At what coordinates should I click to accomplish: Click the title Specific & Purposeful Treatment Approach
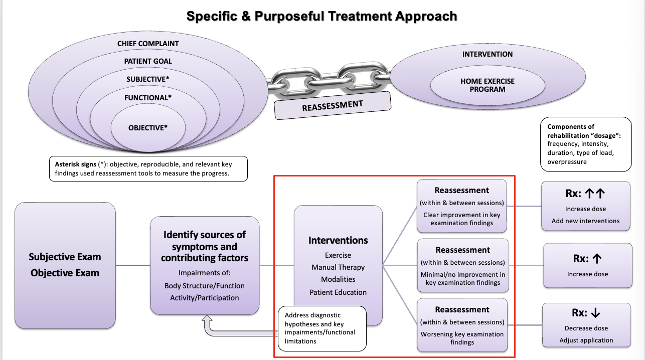(321, 16)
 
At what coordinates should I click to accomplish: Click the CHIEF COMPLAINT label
(148, 44)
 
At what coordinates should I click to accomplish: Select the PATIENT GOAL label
(148, 61)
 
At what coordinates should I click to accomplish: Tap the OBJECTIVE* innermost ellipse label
(148, 128)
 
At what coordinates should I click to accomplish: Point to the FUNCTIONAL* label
(148, 98)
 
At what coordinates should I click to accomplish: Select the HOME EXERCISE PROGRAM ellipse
(488, 85)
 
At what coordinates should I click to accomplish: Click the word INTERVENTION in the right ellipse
(488, 54)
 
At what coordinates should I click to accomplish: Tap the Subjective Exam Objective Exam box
(65, 265)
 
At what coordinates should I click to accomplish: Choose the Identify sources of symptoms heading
(204, 246)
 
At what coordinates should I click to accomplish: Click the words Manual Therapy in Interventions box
(338, 267)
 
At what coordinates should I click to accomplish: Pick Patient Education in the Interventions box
(338, 292)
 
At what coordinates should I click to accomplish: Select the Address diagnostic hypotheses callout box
(322, 328)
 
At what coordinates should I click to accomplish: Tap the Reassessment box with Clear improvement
(462, 206)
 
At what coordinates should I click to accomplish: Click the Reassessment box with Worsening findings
(462, 325)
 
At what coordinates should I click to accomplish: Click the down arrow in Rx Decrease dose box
(595, 313)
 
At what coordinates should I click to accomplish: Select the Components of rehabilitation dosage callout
(585, 144)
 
